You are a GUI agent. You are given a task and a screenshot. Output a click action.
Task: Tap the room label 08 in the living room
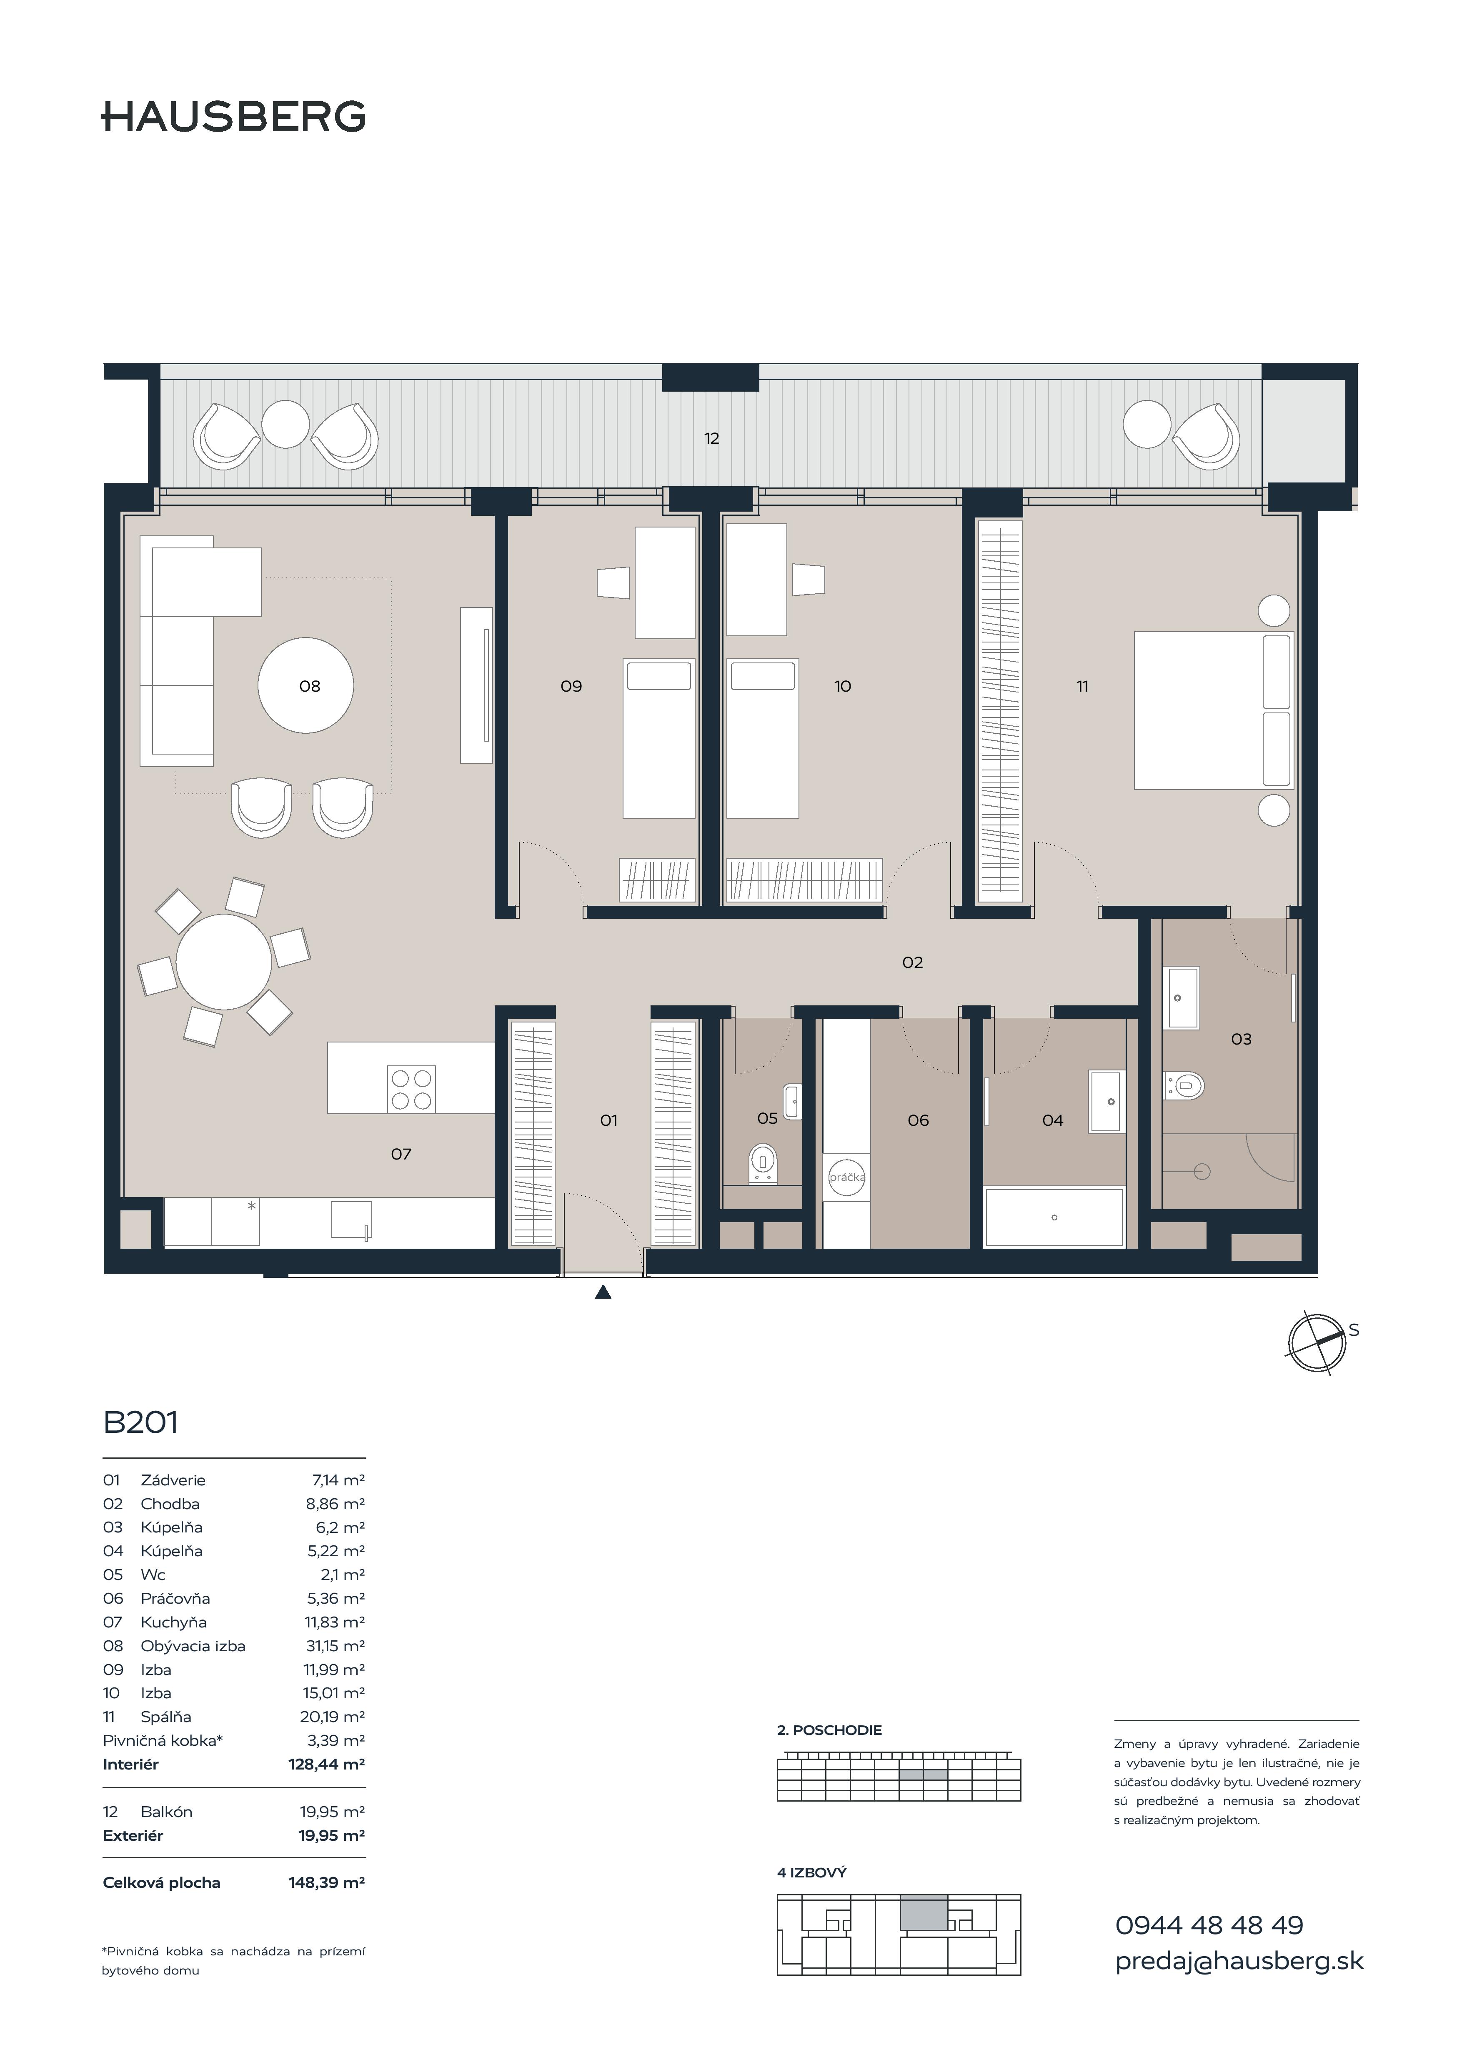pyautogui.click(x=310, y=686)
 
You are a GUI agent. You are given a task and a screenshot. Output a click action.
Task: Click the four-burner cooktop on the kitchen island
pyautogui.click(x=411, y=1089)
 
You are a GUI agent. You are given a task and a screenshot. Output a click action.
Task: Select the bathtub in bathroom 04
pyautogui.click(x=1054, y=1217)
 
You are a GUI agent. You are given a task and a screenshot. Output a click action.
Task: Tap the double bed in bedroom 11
pyautogui.click(x=1213, y=710)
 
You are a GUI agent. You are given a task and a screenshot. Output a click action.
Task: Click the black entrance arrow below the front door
pyautogui.click(x=603, y=1292)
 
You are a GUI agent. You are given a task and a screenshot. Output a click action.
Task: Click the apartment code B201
pyautogui.click(x=141, y=1422)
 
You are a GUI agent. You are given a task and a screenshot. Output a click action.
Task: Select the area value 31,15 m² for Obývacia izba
pyautogui.click(x=335, y=1646)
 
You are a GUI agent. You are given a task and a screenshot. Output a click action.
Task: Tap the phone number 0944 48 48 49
pyautogui.click(x=1209, y=1926)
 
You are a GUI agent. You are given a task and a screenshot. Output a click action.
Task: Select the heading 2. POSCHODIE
pyautogui.click(x=829, y=1730)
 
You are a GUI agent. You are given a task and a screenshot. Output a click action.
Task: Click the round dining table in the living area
pyautogui.click(x=223, y=962)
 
